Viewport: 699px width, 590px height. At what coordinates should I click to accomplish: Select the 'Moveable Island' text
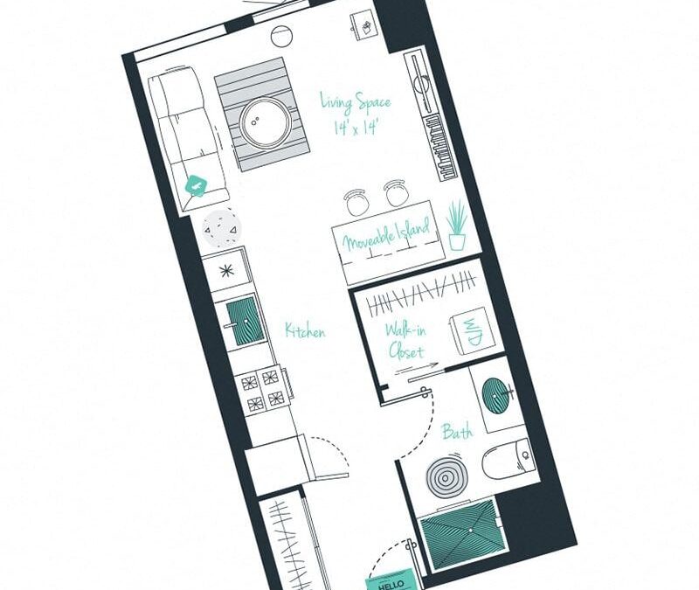(386, 236)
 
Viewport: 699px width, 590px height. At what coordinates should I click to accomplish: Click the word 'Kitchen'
(304, 331)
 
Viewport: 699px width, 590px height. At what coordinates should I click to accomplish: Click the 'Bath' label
(457, 432)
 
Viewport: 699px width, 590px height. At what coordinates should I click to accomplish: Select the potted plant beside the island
(456, 225)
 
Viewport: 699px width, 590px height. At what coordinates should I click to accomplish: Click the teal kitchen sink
(242, 319)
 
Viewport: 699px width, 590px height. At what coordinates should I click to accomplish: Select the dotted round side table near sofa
(219, 229)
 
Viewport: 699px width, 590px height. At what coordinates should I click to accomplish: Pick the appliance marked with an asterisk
(225, 271)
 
